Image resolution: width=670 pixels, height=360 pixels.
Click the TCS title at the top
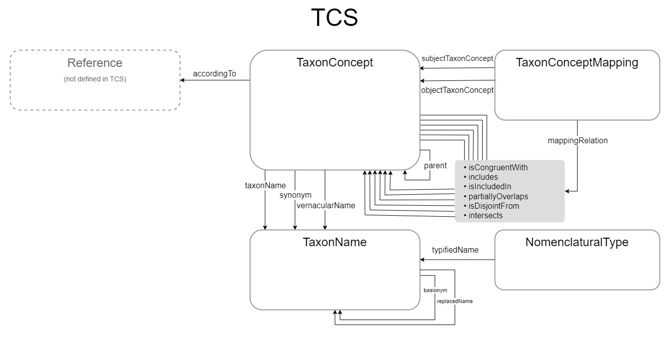[334, 18]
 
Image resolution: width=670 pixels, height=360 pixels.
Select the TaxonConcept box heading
[334, 63]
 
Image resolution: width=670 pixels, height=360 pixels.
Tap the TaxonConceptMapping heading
[577, 63]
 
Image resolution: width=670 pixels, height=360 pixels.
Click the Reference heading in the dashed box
[95, 63]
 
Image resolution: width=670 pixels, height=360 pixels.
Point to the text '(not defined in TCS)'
[95, 79]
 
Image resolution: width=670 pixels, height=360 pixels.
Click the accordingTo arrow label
[214, 74]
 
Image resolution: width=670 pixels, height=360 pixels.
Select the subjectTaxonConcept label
[457, 58]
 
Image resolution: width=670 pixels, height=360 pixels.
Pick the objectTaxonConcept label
[457, 90]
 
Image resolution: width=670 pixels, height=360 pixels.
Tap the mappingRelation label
[578, 141]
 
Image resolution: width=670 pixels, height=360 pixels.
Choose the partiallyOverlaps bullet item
[498, 196]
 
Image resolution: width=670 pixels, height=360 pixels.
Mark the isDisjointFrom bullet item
[494, 206]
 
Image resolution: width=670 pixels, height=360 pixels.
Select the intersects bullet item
[485, 216]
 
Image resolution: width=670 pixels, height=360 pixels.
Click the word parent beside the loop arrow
[435, 166]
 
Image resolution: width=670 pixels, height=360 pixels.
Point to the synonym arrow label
[295, 195]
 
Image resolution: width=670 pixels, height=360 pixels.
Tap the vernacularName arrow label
[326, 205]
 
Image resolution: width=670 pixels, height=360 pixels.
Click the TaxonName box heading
[334, 243]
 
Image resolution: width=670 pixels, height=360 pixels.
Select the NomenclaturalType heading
[577, 243]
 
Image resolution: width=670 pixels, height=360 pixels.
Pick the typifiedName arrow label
[455, 250]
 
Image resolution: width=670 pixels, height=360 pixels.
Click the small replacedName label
[455, 302]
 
